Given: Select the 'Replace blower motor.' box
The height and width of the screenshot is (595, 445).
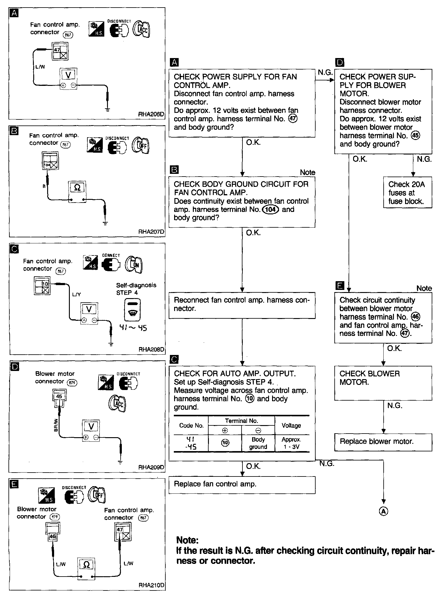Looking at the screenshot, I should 383,442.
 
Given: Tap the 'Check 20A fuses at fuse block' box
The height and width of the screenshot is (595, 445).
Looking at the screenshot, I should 407,193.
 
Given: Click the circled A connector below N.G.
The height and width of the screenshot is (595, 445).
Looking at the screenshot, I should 383,511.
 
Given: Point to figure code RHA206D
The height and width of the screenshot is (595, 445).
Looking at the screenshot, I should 151,114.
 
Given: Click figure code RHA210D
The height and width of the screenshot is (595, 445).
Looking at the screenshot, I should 151,585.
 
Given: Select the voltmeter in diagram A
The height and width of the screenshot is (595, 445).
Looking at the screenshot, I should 68,79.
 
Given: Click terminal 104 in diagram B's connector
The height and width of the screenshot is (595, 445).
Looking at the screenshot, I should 47,165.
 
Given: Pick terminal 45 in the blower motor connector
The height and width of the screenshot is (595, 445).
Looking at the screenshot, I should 59,396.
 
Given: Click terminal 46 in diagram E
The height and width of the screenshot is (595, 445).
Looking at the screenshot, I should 53,537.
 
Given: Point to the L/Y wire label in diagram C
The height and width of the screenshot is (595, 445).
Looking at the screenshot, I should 76,294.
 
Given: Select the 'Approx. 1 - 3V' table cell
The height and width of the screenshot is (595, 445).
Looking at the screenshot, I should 291,443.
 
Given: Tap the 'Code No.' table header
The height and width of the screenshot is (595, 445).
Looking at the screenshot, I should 191,426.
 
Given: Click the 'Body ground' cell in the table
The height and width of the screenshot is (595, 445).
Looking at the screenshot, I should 258,443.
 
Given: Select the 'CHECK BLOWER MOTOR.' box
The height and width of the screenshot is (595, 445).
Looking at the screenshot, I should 383,382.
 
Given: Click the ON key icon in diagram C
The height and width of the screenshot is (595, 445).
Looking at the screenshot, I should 134,264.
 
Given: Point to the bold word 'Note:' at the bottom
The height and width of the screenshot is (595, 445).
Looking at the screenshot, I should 187,540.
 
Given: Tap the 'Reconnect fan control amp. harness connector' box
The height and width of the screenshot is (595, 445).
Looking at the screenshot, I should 242,305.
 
